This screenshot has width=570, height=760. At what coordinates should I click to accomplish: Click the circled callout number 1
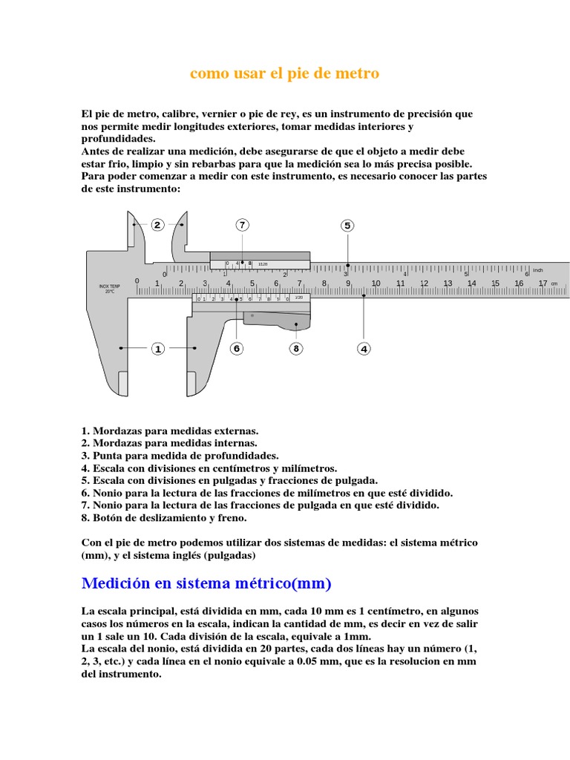[x=157, y=348]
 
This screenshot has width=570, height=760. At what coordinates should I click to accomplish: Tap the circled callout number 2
[x=157, y=225]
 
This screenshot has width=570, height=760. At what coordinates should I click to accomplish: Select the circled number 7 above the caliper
[x=242, y=225]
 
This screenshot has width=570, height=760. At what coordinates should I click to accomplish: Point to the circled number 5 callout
[x=347, y=226]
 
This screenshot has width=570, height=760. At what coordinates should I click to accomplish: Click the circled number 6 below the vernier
[x=237, y=348]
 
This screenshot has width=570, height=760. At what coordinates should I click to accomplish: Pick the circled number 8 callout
[x=295, y=348]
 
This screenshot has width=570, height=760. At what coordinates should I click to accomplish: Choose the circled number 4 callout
[x=364, y=348]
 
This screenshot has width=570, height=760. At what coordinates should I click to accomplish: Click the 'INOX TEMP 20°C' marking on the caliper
[x=110, y=289]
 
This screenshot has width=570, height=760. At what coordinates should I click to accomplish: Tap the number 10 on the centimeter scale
[x=376, y=284]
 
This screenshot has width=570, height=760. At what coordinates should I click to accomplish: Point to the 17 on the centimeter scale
[x=543, y=284]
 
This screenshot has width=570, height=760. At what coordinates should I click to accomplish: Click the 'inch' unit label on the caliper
[x=538, y=270]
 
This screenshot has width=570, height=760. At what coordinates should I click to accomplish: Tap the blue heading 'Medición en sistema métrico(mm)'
[x=206, y=583]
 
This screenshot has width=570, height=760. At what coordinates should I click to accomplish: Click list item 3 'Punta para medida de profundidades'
[x=180, y=455]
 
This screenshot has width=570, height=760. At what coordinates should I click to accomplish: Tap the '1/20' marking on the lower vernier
[x=299, y=298]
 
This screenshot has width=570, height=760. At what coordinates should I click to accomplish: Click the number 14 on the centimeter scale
[x=471, y=284]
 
